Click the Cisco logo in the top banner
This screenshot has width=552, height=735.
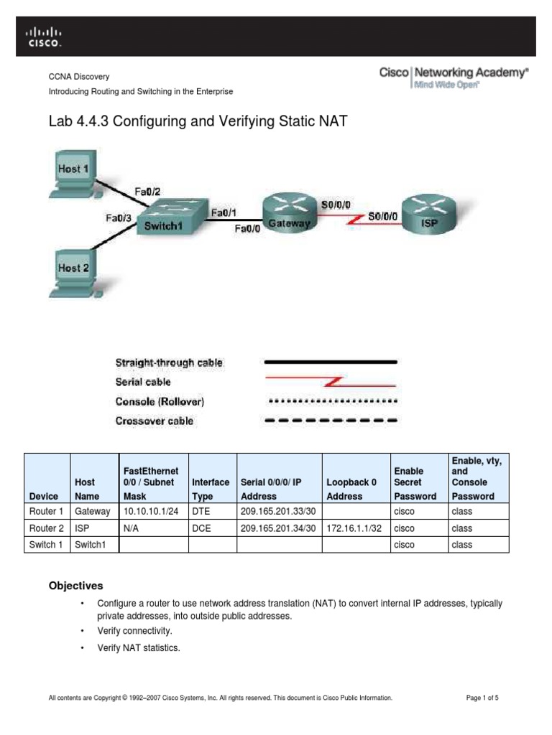(x=45, y=37)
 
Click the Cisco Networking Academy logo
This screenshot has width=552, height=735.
(x=454, y=78)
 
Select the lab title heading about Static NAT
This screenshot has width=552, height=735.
(x=197, y=122)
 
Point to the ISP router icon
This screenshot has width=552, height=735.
(x=428, y=212)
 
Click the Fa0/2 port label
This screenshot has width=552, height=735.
(x=149, y=191)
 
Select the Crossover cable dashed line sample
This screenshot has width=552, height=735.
(x=331, y=421)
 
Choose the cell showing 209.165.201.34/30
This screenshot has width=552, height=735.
(x=279, y=528)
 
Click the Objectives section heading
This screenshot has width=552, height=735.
(x=75, y=586)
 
